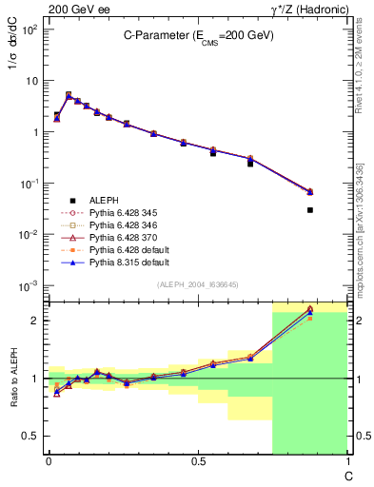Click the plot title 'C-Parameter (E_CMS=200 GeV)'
click(x=197, y=34)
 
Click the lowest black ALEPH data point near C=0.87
click(x=310, y=209)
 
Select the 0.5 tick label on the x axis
click(x=197, y=461)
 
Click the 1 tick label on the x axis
click(x=346, y=461)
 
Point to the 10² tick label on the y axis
click(x=29, y=29)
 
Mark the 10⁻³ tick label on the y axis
click(x=29, y=285)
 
